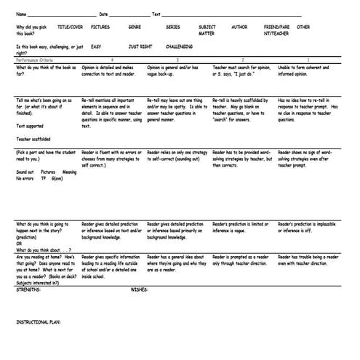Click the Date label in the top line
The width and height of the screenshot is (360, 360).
click(103, 14)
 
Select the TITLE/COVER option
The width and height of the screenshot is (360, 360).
click(69, 27)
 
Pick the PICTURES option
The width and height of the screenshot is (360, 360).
click(100, 27)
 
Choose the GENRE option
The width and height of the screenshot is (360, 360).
click(135, 27)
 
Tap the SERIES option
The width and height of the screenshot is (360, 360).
click(172, 27)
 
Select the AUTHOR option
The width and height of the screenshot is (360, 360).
click(239, 27)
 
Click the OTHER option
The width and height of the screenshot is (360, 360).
click(303, 27)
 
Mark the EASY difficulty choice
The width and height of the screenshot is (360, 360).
click(96, 45)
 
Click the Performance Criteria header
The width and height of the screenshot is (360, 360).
click(33, 59)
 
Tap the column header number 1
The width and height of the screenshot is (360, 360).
click(308, 59)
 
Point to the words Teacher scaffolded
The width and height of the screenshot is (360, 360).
click(33, 137)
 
